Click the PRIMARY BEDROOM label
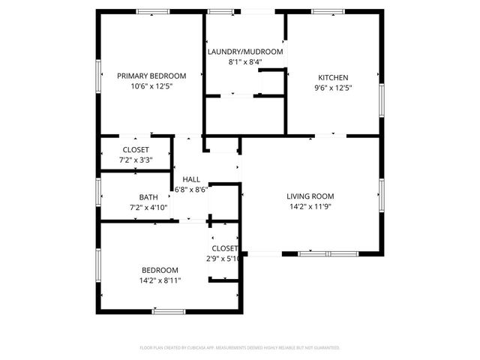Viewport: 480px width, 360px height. pos(151,76)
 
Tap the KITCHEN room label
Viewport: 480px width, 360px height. pos(333,77)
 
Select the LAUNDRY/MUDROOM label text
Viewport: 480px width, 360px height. pos(245,52)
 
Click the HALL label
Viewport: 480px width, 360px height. pos(191,179)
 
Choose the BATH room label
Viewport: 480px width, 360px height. pos(148,197)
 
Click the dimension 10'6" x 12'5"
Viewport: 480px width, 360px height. pos(151,86)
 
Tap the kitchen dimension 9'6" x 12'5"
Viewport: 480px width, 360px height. pos(333,88)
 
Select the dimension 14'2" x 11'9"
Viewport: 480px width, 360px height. pos(310,207)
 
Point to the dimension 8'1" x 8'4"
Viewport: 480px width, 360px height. pos(245,62)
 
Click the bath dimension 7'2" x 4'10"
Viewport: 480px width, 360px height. pos(148,208)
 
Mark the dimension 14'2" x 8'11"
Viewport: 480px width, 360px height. pos(160,280)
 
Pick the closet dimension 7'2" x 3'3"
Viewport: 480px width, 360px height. pos(136,160)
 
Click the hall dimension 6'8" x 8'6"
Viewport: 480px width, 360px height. pos(190,190)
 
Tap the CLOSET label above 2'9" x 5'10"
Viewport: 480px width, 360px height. pos(224,248)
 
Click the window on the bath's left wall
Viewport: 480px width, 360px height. pos(98,190)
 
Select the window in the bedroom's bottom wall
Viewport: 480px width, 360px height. pos(169,310)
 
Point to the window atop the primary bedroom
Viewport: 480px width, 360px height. pos(153,11)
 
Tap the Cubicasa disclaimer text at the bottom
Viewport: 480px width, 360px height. pos(240,348)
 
